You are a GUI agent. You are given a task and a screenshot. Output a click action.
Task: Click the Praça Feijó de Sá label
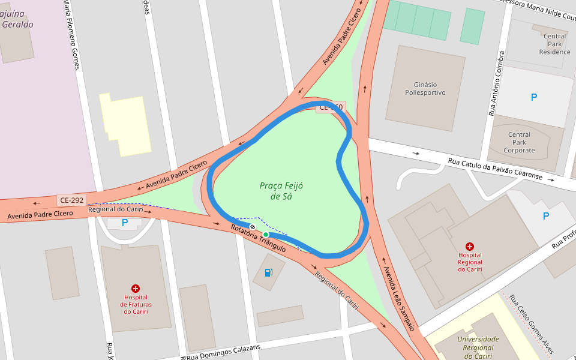click(x=281, y=191)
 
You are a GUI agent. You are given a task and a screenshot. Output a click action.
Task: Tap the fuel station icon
click(x=269, y=273)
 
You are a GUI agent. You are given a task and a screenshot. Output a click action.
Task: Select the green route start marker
click(x=266, y=235)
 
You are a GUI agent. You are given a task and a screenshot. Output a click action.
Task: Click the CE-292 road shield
click(x=72, y=200)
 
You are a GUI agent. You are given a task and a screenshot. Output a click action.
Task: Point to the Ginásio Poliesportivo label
click(x=425, y=89)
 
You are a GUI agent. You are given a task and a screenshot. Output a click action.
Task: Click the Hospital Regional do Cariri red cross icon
click(x=470, y=246)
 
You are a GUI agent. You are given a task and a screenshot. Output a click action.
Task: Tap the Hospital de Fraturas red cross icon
click(x=136, y=289)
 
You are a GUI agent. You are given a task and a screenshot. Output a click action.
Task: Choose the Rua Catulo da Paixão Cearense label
click(x=495, y=169)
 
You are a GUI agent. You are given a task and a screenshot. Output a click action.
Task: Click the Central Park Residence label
click(x=554, y=44)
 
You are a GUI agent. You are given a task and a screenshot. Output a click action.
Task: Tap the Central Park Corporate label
click(x=519, y=142)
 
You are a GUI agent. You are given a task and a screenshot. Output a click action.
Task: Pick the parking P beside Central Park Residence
click(x=534, y=97)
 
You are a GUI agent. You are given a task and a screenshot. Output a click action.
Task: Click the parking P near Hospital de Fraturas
click(x=125, y=223)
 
